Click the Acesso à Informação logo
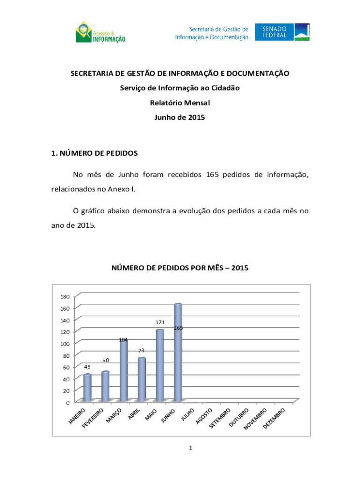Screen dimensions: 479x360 tap(100, 32)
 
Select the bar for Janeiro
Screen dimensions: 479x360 tap(87, 388)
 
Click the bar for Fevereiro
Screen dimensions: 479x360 tap(105, 386)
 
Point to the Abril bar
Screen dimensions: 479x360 tap(142, 379)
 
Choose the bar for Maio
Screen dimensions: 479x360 tap(159, 365)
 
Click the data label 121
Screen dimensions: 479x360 tap(160, 322)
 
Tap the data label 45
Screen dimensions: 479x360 tap(87, 367)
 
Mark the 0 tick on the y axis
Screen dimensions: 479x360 tap(68, 402)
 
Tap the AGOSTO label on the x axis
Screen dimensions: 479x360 tap(205, 416)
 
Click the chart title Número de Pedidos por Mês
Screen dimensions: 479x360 tap(180, 268)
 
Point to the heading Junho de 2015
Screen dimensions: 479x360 tap(180, 118)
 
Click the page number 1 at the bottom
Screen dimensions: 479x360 tap(191, 449)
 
